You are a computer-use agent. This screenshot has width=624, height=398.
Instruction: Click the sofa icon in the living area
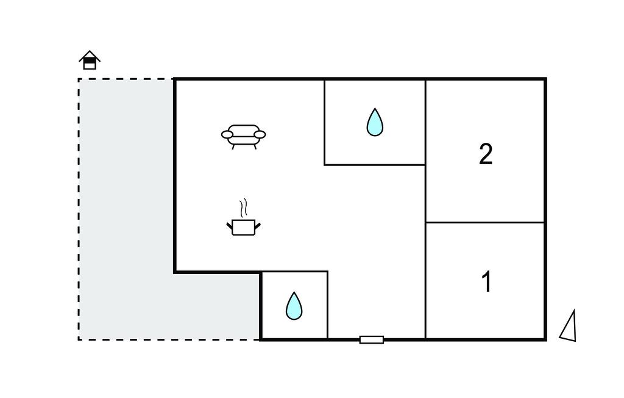point(243,136)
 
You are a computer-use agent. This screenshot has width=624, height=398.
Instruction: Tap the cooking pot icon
point(244,226)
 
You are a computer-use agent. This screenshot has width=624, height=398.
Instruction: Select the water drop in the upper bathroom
point(375,122)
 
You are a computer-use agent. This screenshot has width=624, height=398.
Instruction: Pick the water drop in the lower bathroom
point(294,306)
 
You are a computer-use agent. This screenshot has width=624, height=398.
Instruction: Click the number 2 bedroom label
point(485,154)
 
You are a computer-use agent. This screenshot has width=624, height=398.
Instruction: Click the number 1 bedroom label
point(486,282)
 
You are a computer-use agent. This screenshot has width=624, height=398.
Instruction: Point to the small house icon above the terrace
point(90,60)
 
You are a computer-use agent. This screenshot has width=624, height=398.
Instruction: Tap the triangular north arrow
point(569,327)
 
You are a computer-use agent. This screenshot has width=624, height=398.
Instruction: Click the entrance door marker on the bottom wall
point(371,339)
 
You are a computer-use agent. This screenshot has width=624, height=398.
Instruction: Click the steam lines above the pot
point(244,208)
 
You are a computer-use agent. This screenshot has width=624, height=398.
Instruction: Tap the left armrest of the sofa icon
point(227,134)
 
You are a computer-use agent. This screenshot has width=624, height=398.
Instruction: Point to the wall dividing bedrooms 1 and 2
point(484,222)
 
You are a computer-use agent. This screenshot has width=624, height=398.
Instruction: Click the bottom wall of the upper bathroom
point(374,165)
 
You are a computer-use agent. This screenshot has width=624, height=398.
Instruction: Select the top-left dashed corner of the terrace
point(79,79)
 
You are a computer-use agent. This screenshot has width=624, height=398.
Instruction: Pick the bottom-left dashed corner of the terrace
point(79,339)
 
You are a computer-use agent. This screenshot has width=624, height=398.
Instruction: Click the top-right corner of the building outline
point(545,79)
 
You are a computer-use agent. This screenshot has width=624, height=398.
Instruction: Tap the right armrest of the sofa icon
point(260,134)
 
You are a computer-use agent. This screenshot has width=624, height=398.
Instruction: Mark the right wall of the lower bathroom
point(328,305)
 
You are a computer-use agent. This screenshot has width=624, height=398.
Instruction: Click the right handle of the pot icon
point(258,226)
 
